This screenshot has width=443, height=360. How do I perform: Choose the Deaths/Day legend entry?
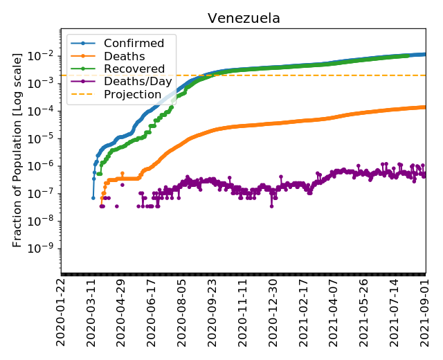(134, 82)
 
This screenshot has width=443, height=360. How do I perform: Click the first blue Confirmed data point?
(93, 198)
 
